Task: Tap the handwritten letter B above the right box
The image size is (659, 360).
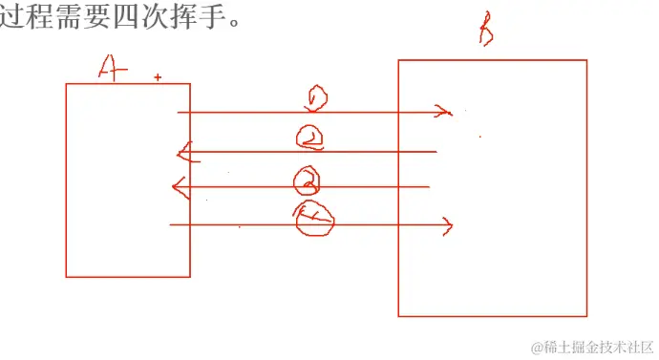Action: click(485, 33)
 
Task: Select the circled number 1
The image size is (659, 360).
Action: click(315, 98)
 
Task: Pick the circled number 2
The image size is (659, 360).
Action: click(310, 138)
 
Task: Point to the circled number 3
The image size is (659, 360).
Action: click(307, 178)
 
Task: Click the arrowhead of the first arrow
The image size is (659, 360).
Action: click(443, 112)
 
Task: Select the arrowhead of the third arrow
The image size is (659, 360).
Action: click(178, 186)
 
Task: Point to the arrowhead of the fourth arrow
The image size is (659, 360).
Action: click(446, 225)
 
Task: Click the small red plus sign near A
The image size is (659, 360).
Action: click(158, 77)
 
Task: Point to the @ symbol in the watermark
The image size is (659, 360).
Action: click(538, 347)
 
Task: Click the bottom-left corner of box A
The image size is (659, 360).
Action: click(66, 277)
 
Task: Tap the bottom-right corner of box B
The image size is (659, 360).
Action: click(586, 315)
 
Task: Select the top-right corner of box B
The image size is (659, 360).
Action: click(586, 60)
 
